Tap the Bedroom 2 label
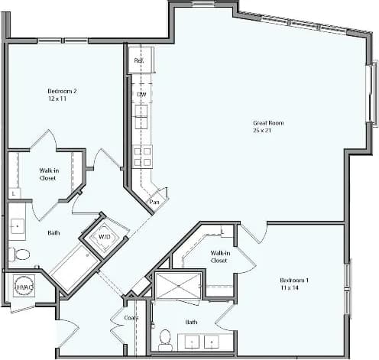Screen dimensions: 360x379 point(63,91)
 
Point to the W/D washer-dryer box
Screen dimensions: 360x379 point(101,237)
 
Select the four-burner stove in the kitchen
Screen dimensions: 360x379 point(142,157)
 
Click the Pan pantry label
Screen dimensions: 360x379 point(154,202)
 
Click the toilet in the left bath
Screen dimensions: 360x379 point(20,254)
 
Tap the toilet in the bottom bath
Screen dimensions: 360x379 point(164,339)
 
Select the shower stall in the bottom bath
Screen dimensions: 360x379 point(177,287)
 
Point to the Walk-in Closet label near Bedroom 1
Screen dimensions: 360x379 point(220,256)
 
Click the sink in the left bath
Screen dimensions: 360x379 point(16,227)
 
